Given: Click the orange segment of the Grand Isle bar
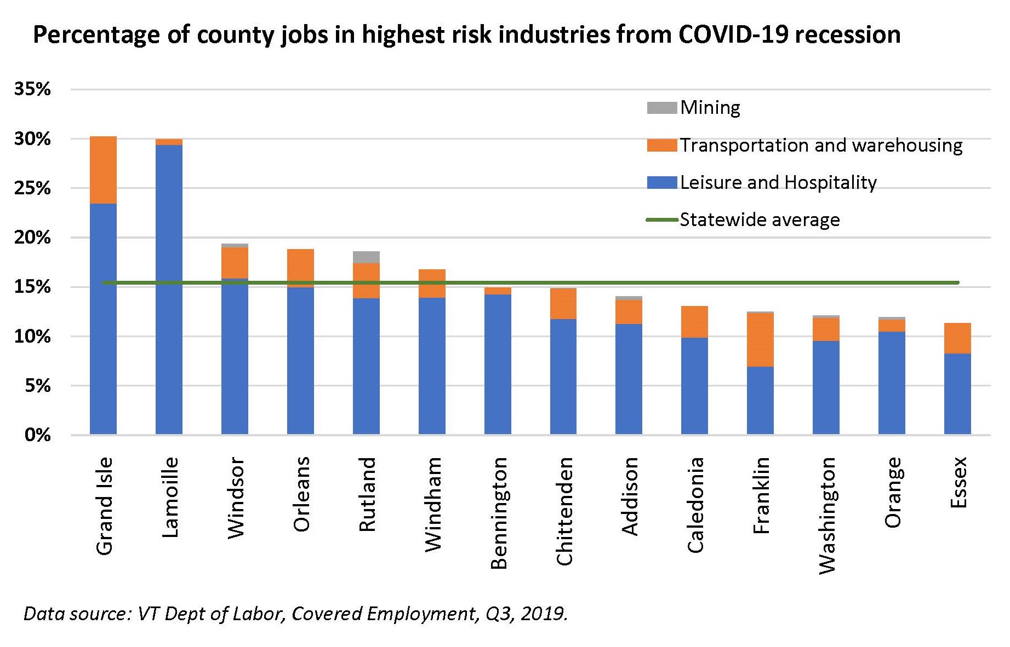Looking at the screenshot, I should [103, 170].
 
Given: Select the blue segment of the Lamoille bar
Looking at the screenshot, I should [169, 290].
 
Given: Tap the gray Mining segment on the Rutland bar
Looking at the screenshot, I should [366, 257].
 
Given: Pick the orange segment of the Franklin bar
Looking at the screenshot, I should [760, 339].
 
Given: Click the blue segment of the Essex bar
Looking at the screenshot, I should [957, 394].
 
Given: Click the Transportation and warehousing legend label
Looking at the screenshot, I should [821, 145].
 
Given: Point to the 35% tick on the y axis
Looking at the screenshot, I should [32, 89].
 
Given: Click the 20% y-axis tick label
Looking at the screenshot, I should [32, 238].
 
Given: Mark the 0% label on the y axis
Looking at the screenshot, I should [37, 435].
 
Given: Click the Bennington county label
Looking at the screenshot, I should [499, 513].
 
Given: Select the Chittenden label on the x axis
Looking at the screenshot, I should [564, 511].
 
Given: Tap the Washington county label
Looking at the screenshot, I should [827, 515].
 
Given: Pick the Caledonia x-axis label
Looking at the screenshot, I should [695, 505].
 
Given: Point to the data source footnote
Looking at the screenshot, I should [295, 614].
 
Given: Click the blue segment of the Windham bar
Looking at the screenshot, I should [432, 366].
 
